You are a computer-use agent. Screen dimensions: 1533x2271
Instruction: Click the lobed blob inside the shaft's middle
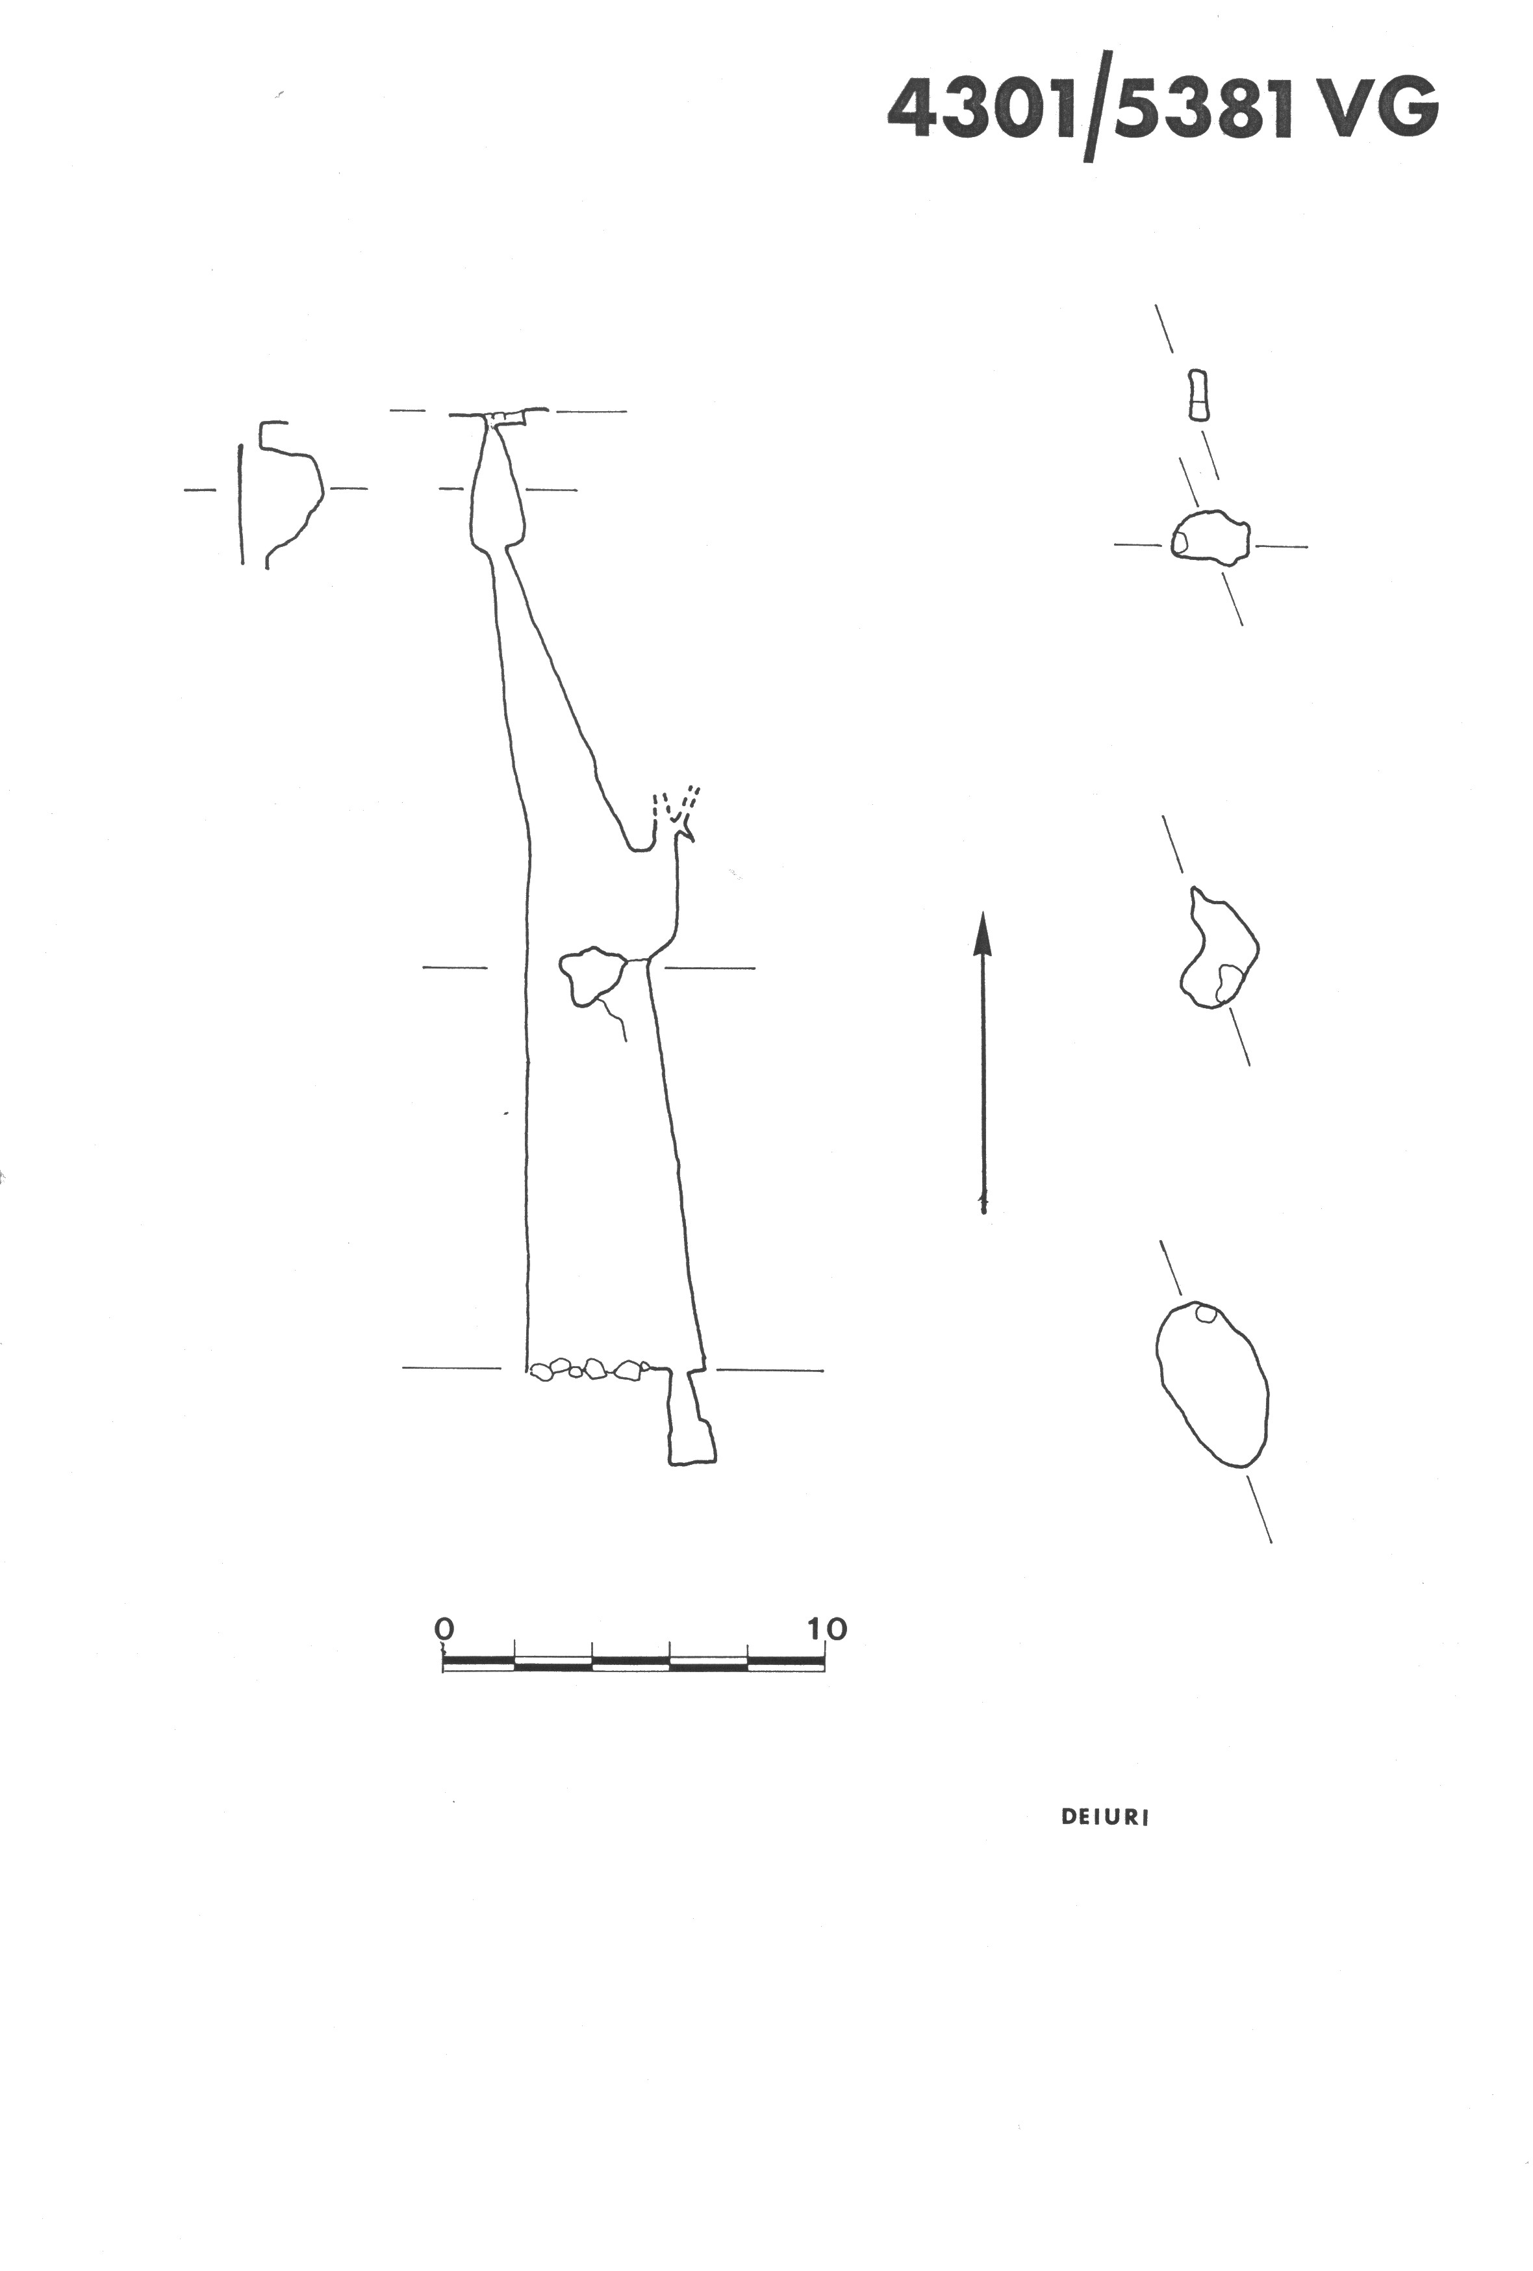click(x=592, y=975)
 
